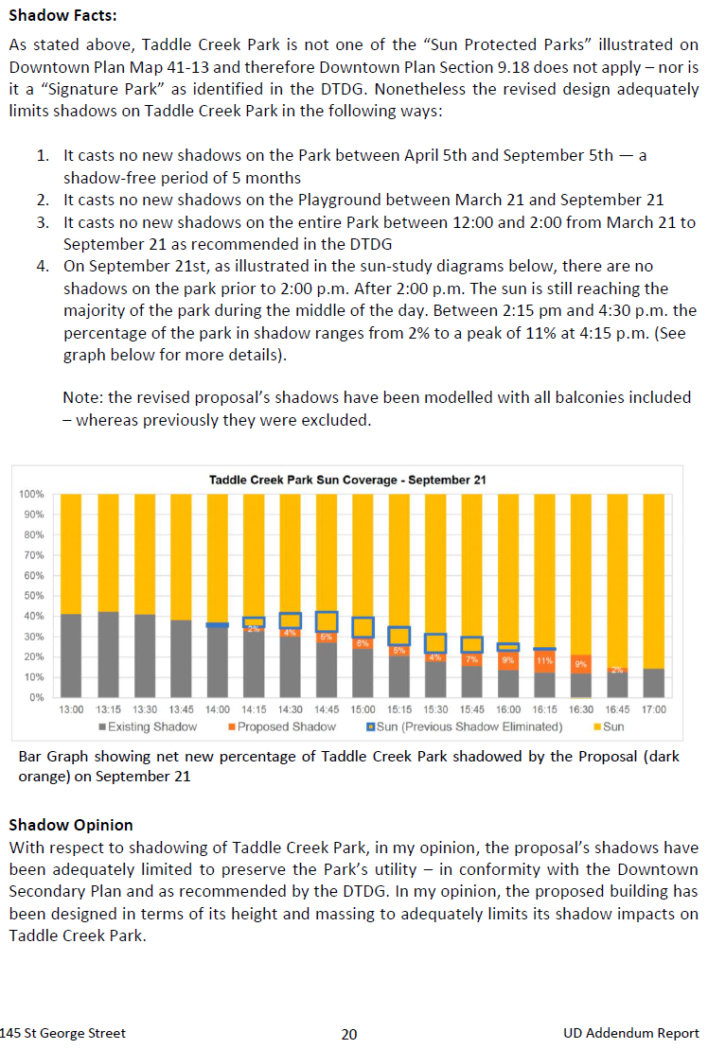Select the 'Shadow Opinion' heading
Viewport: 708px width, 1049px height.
[x=71, y=825]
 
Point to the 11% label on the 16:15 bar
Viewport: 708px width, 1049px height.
[x=544, y=661]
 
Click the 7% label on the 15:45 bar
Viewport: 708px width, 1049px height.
[x=471, y=659]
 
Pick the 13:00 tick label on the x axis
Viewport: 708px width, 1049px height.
[x=71, y=709]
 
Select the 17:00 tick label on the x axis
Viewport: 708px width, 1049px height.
[x=654, y=709]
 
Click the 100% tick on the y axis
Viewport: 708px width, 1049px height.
[x=31, y=495]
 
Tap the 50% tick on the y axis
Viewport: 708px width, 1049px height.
[x=34, y=595]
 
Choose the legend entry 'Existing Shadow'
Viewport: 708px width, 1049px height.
[x=148, y=726]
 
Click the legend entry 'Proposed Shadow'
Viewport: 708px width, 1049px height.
[x=282, y=726]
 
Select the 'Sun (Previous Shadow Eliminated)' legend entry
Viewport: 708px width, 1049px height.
[x=465, y=726]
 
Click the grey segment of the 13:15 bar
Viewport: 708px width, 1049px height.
[x=109, y=655]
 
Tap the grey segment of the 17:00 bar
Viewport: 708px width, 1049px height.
[x=654, y=683]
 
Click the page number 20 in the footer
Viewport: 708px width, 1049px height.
[x=349, y=1034]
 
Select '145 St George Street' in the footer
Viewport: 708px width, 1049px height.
[x=62, y=1034]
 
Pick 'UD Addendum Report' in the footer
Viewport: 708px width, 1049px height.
[x=631, y=1034]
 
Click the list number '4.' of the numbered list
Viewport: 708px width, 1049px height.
[x=43, y=266]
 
